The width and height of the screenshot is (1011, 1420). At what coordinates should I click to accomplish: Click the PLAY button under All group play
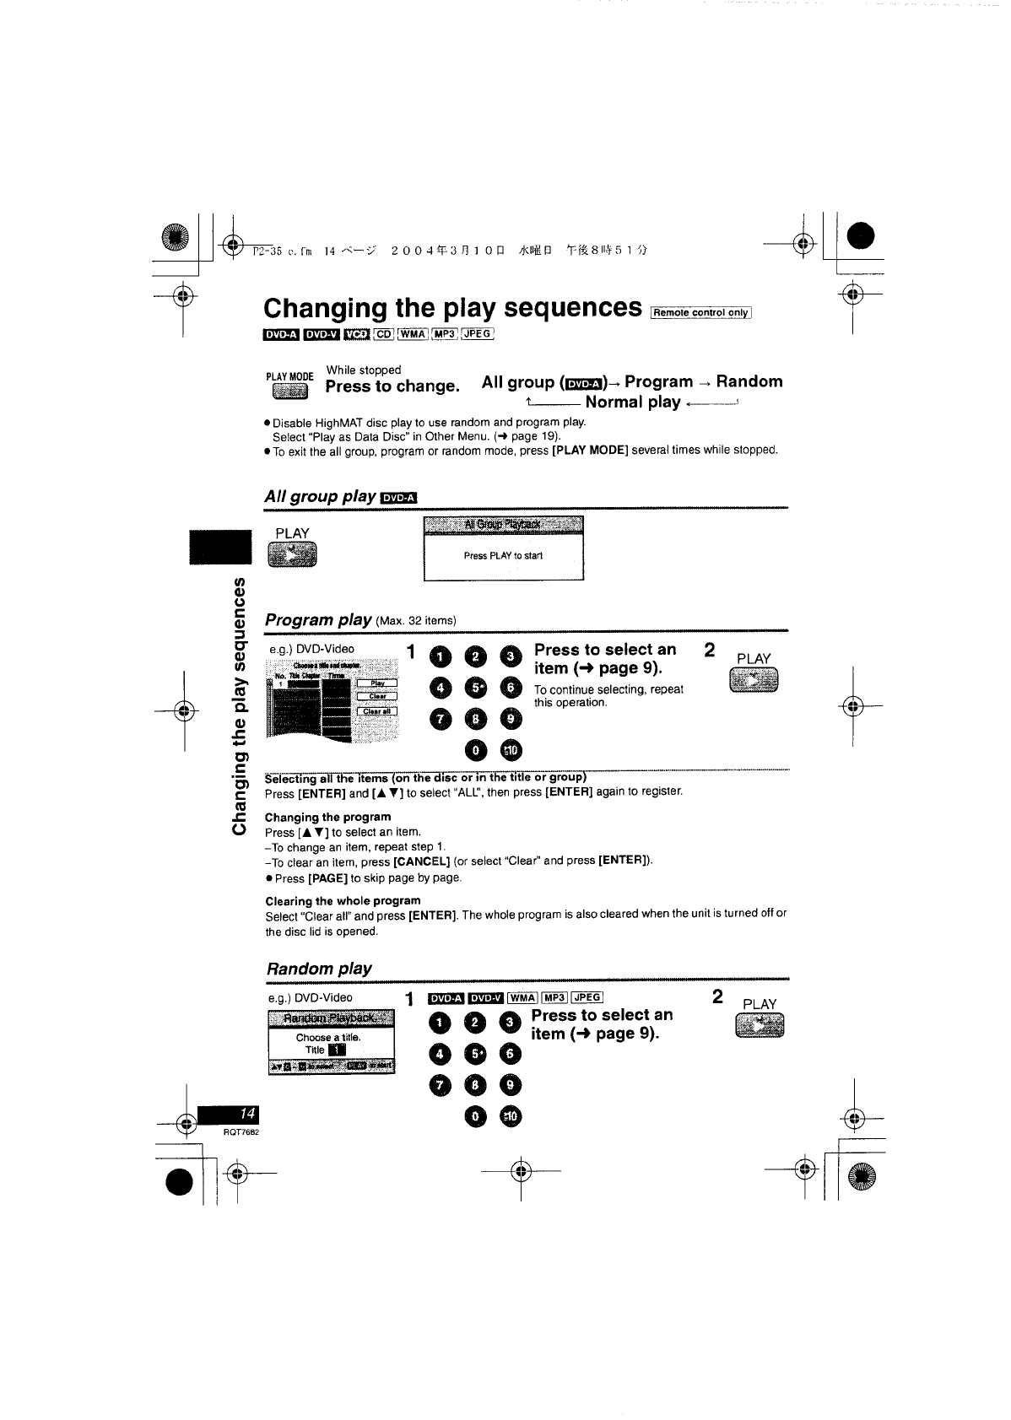291,554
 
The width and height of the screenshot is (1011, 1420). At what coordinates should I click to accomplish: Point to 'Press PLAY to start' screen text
503,556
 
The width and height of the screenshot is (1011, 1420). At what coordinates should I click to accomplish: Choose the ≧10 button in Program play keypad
512,749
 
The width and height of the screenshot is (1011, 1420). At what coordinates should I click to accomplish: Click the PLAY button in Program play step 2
753,680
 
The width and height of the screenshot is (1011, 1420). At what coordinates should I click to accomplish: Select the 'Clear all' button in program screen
378,710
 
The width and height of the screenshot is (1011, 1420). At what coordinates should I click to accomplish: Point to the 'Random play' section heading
319,969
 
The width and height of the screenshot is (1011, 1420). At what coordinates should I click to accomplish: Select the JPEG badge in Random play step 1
587,998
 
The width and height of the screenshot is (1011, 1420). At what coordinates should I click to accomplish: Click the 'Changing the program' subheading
328,817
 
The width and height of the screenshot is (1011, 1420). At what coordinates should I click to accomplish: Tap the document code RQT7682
241,1132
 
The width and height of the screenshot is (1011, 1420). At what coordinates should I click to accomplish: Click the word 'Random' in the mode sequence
749,381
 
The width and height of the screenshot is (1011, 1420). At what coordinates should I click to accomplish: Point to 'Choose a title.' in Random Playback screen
328,1037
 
